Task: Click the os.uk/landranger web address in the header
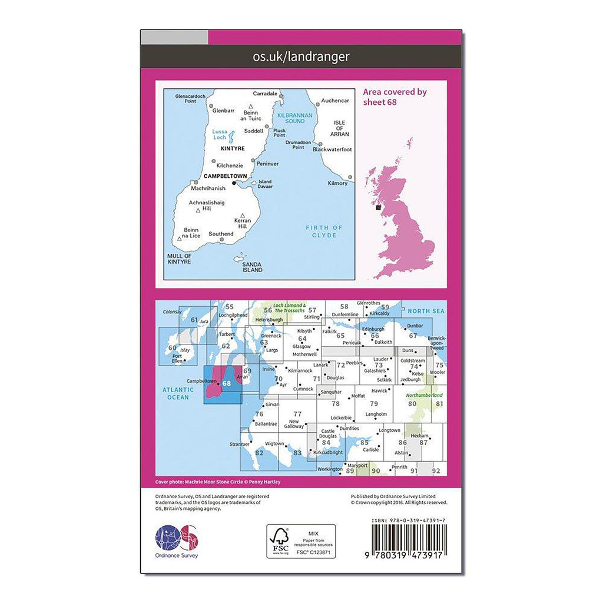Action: click(301, 57)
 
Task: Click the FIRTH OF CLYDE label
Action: click(324, 231)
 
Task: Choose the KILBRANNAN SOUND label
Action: click(294, 118)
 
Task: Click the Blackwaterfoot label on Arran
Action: click(332, 150)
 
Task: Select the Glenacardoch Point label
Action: click(190, 98)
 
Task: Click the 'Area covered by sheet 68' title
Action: click(395, 97)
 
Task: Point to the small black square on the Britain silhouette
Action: click(379, 207)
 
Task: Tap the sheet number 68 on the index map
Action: click(227, 383)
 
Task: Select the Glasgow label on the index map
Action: click(301, 347)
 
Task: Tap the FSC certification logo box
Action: click(300, 541)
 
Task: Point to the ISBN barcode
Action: click(409, 538)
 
